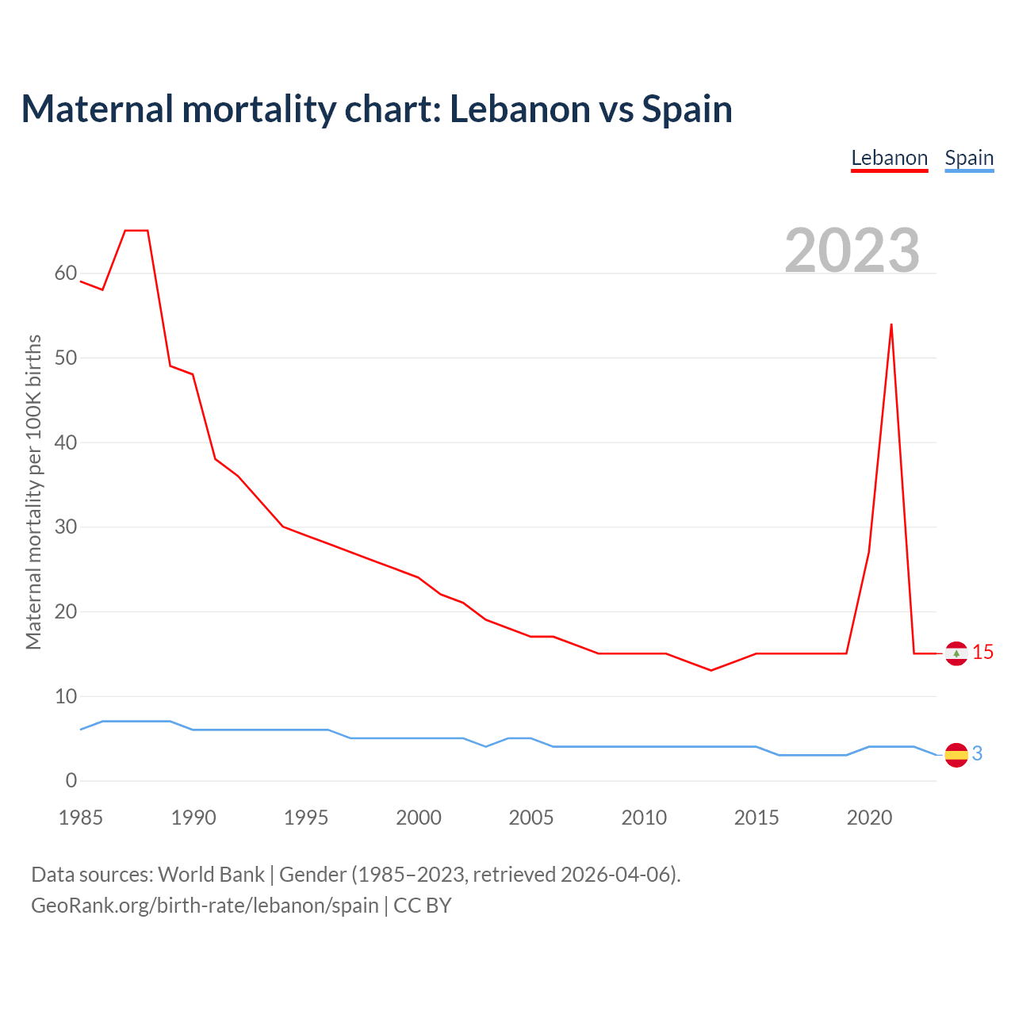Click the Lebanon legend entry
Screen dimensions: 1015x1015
pos(889,158)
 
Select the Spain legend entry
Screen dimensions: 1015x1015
pos(969,158)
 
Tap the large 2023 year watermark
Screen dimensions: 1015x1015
pos(852,251)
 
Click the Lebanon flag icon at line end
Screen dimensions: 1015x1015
pos(956,653)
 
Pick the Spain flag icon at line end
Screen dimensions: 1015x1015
pos(956,754)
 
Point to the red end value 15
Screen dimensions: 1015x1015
pos(982,653)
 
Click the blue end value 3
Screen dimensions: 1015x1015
pos(977,754)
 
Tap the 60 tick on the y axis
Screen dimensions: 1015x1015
pos(66,274)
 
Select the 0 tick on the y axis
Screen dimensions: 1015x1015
pos(71,780)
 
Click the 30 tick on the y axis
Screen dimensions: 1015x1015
pos(66,527)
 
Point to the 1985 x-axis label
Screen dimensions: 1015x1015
pos(81,818)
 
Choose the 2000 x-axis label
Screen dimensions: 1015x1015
pos(419,818)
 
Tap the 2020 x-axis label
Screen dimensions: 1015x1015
pos(869,818)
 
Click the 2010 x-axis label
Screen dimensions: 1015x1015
pos(644,818)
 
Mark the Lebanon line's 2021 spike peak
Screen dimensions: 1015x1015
pos(891,324)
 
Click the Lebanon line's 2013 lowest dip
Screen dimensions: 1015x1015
pos(711,670)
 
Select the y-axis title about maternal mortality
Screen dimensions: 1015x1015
pos(33,492)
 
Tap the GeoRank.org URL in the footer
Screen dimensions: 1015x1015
pos(205,906)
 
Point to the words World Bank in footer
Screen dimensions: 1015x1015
pos(211,875)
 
